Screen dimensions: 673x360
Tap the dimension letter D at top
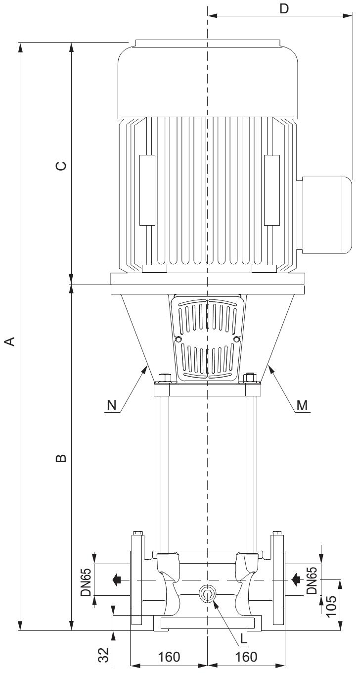click(284, 8)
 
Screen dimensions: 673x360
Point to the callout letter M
click(302, 405)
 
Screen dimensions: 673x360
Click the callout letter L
click(243, 638)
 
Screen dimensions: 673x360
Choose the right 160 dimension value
click(246, 657)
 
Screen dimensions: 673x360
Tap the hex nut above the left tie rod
click(163, 379)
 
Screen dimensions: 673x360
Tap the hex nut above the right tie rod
click(252, 379)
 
